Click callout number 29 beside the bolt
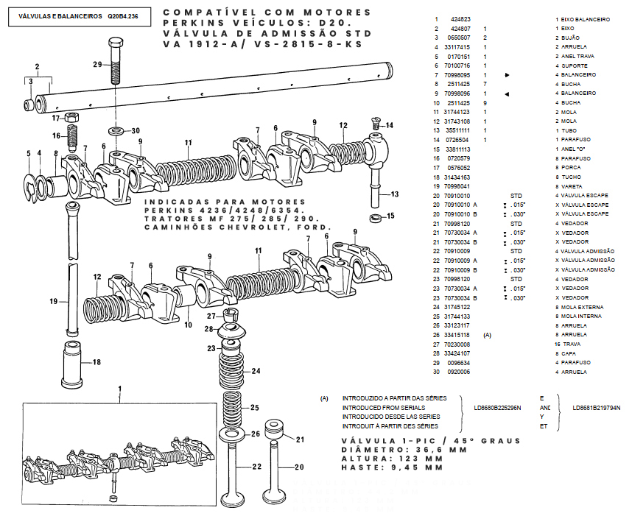(x=97, y=65)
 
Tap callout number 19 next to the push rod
(x=54, y=302)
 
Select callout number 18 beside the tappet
(x=96, y=361)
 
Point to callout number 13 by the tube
(x=395, y=194)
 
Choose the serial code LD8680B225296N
(x=498, y=407)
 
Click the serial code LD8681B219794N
(x=597, y=407)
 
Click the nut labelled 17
(x=71, y=118)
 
